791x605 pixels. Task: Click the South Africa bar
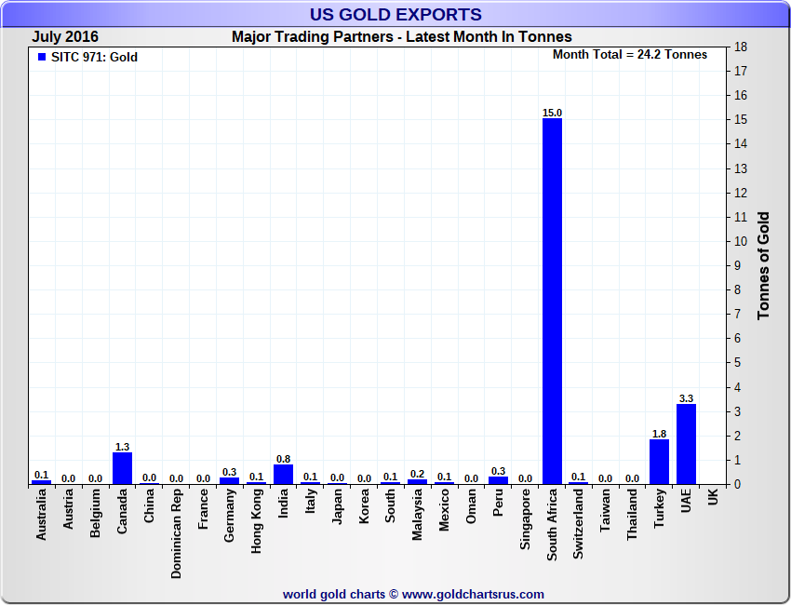(552, 301)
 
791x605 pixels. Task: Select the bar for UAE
(686, 444)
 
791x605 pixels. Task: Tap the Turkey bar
(659, 462)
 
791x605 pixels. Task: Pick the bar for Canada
(122, 468)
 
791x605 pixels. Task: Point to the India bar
(283, 474)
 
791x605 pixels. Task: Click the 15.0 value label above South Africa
(552, 113)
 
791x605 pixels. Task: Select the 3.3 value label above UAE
(686, 398)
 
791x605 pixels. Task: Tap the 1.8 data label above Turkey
(659, 434)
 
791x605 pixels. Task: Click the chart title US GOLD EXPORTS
(395, 14)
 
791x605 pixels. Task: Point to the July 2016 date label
(65, 37)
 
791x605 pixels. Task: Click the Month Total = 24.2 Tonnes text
(630, 54)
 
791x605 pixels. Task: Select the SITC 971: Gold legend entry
(87, 57)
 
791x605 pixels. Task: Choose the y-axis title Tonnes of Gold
(764, 266)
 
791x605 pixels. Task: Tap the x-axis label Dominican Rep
(176, 534)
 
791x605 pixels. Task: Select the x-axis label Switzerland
(579, 525)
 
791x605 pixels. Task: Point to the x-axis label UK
(713, 498)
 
